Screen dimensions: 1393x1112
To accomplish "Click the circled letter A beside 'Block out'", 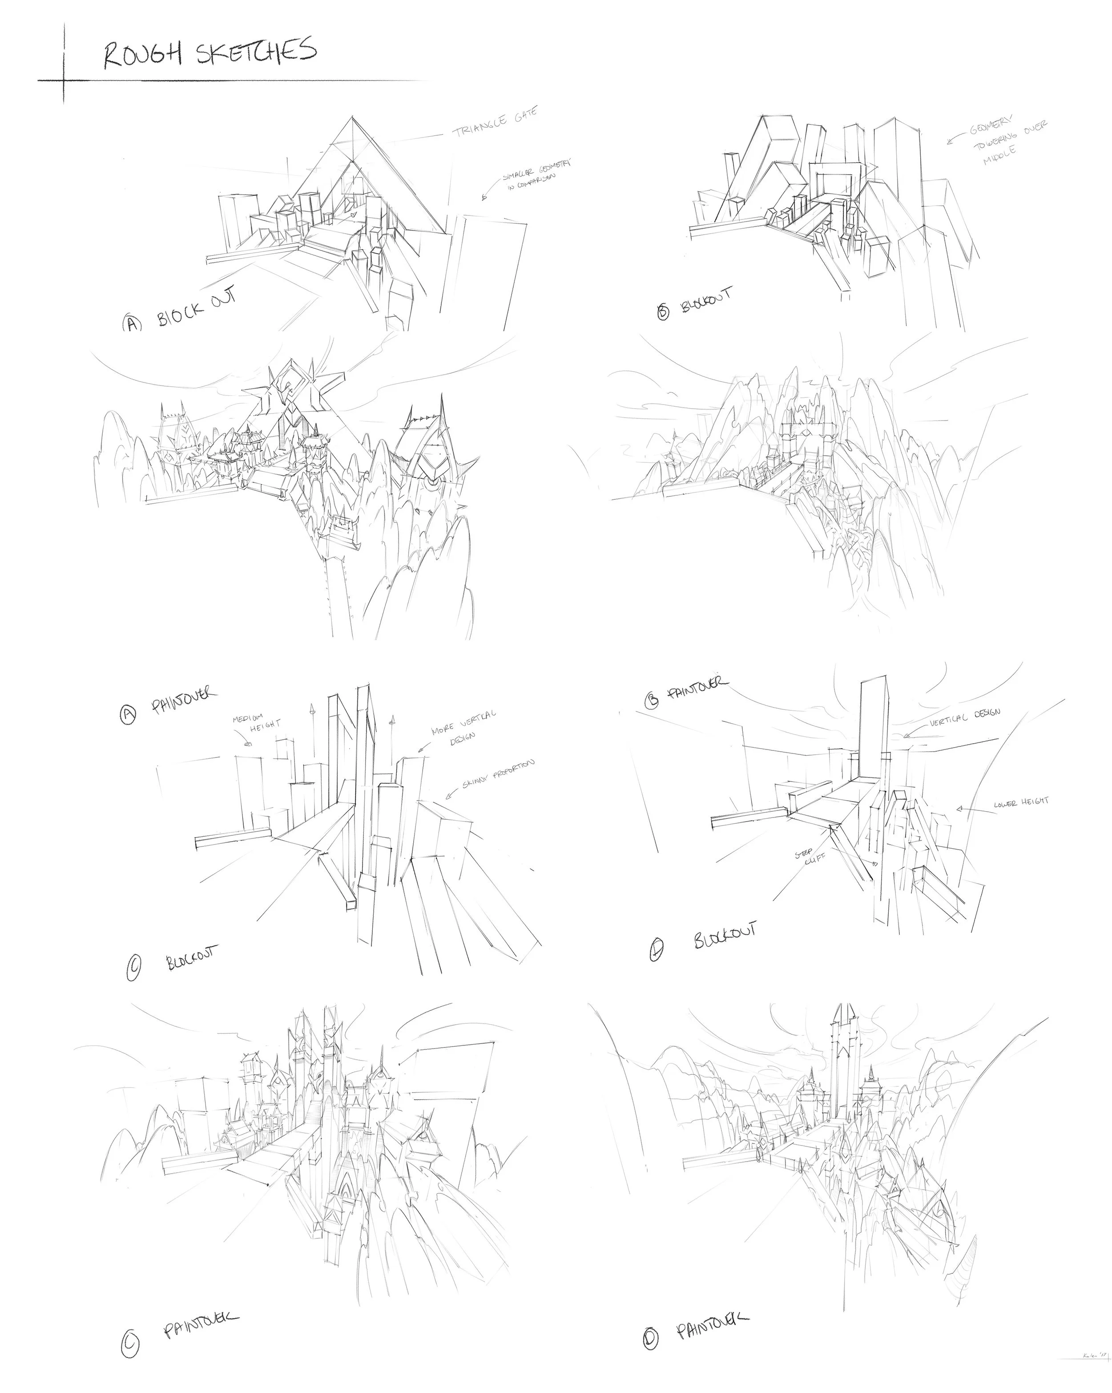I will tap(131, 322).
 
